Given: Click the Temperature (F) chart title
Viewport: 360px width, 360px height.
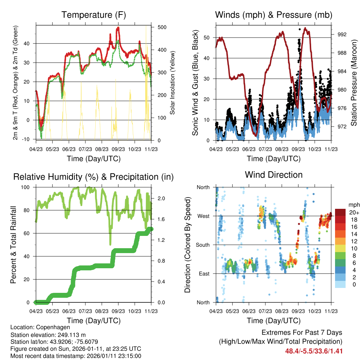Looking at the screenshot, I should coord(94,15).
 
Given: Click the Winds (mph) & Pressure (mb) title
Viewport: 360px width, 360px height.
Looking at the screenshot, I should coord(274,15).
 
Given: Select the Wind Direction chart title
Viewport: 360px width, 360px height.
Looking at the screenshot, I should coord(274,175).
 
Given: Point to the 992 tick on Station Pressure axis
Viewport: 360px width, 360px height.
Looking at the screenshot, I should coord(342,34).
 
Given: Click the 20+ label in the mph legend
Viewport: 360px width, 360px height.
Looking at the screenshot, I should coord(354,212).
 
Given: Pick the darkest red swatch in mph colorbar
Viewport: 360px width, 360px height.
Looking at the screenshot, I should coord(340,212).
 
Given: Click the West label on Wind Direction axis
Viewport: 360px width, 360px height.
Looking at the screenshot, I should coord(203,216).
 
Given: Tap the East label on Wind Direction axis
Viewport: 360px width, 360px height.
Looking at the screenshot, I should coord(204,274).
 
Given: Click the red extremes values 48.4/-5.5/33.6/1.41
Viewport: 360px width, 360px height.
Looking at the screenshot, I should coord(314,351).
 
